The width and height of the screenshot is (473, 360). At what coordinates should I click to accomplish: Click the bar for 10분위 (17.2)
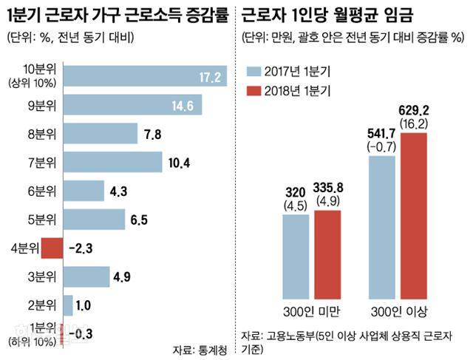(x=146, y=78)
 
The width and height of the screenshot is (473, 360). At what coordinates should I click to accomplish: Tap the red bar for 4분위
(x=52, y=248)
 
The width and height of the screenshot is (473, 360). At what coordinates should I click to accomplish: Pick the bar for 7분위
(x=112, y=163)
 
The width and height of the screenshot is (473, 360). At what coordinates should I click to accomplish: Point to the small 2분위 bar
(x=68, y=305)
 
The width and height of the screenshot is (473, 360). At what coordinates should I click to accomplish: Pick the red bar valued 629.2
(x=416, y=214)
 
